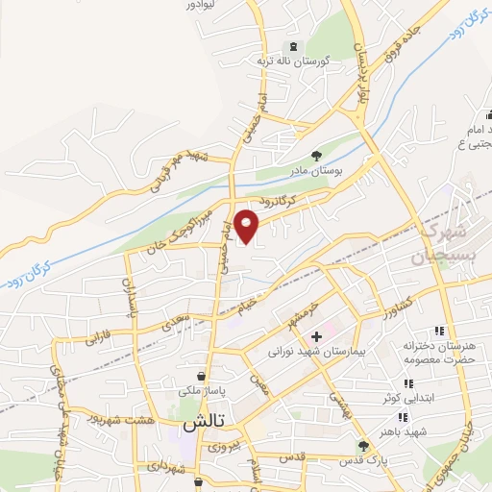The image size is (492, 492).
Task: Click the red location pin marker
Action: point(248,225)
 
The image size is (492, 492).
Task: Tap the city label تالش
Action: point(204,423)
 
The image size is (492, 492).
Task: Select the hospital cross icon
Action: point(316,335)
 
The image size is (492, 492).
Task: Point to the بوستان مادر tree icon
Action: point(316,156)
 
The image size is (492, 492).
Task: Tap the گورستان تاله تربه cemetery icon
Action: point(292,47)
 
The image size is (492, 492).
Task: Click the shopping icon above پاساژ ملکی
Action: point(200,375)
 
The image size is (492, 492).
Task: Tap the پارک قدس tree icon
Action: point(363,446)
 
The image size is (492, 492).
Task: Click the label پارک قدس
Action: point(363,460)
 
